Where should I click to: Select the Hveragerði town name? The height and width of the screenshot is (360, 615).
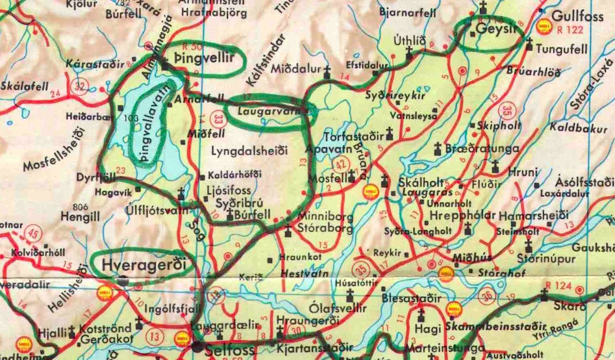144,265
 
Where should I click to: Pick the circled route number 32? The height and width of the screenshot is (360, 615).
80,86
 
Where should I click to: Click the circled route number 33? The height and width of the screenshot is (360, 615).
219,118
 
